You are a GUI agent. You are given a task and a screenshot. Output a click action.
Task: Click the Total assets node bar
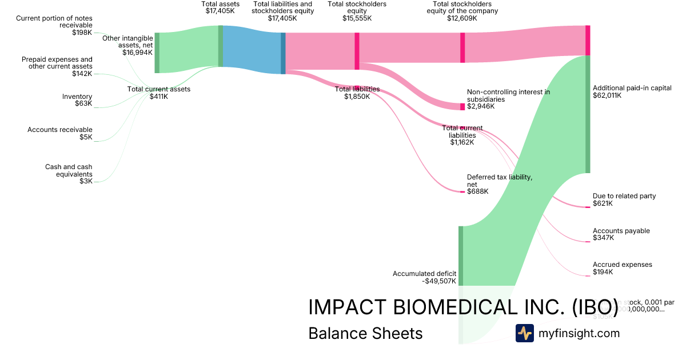click(221, 46)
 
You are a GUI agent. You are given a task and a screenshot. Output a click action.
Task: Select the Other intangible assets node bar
click(157, 53)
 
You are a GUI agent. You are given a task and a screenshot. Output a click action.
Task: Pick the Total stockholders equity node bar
click(357, 51)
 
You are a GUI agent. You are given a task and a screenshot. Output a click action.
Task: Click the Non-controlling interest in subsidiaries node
click(462, 107)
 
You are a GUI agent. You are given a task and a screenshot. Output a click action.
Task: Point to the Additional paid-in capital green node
click(587, 114)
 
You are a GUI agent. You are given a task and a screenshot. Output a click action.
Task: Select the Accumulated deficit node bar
click(460, 255)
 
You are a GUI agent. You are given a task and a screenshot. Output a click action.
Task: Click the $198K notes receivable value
click(82, 33)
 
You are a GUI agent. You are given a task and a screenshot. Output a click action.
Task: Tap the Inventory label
click(77, 97)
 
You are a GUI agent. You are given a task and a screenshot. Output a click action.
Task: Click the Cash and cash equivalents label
click(69, 170)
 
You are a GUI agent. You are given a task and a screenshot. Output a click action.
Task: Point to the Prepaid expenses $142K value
click(82, 74)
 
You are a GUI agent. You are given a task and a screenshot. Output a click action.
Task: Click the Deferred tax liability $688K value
click(478, 191)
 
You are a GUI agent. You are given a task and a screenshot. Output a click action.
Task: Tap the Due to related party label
click(624, 196)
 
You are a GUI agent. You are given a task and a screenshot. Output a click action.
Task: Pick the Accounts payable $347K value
click(603, 238)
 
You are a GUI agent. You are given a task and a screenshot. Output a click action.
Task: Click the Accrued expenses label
click(622, 265)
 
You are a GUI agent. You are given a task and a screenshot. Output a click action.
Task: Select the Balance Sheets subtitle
click(365, 333)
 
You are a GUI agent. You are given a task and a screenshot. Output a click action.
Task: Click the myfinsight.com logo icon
click(524, 333)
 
